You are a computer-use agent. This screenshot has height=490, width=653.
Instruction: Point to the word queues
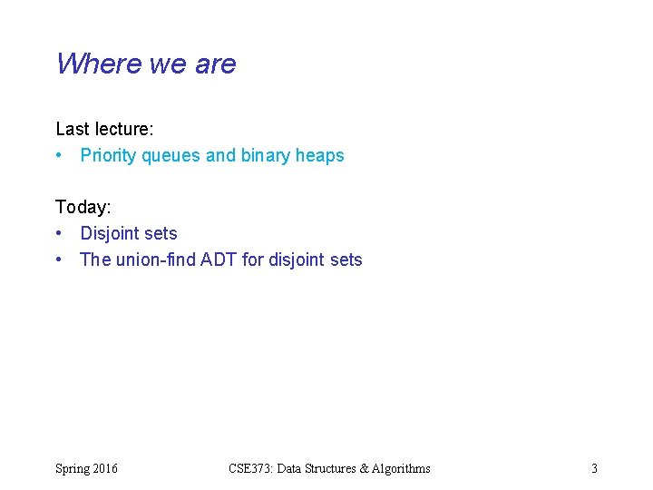point(171,156)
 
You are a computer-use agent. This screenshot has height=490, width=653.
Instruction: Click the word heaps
point(320,156)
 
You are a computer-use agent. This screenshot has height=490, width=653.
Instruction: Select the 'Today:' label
point(83,208)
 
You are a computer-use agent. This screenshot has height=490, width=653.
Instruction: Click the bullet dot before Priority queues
point(59,156)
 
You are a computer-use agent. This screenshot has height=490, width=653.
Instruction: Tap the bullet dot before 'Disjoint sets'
point(59,234)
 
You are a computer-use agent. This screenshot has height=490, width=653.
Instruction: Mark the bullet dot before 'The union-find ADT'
point(59,260)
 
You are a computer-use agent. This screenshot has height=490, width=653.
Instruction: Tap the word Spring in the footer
point(73,469)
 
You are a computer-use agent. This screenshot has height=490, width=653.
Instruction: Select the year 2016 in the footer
point(105,469)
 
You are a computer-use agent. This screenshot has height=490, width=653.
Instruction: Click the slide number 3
point(594,469)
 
